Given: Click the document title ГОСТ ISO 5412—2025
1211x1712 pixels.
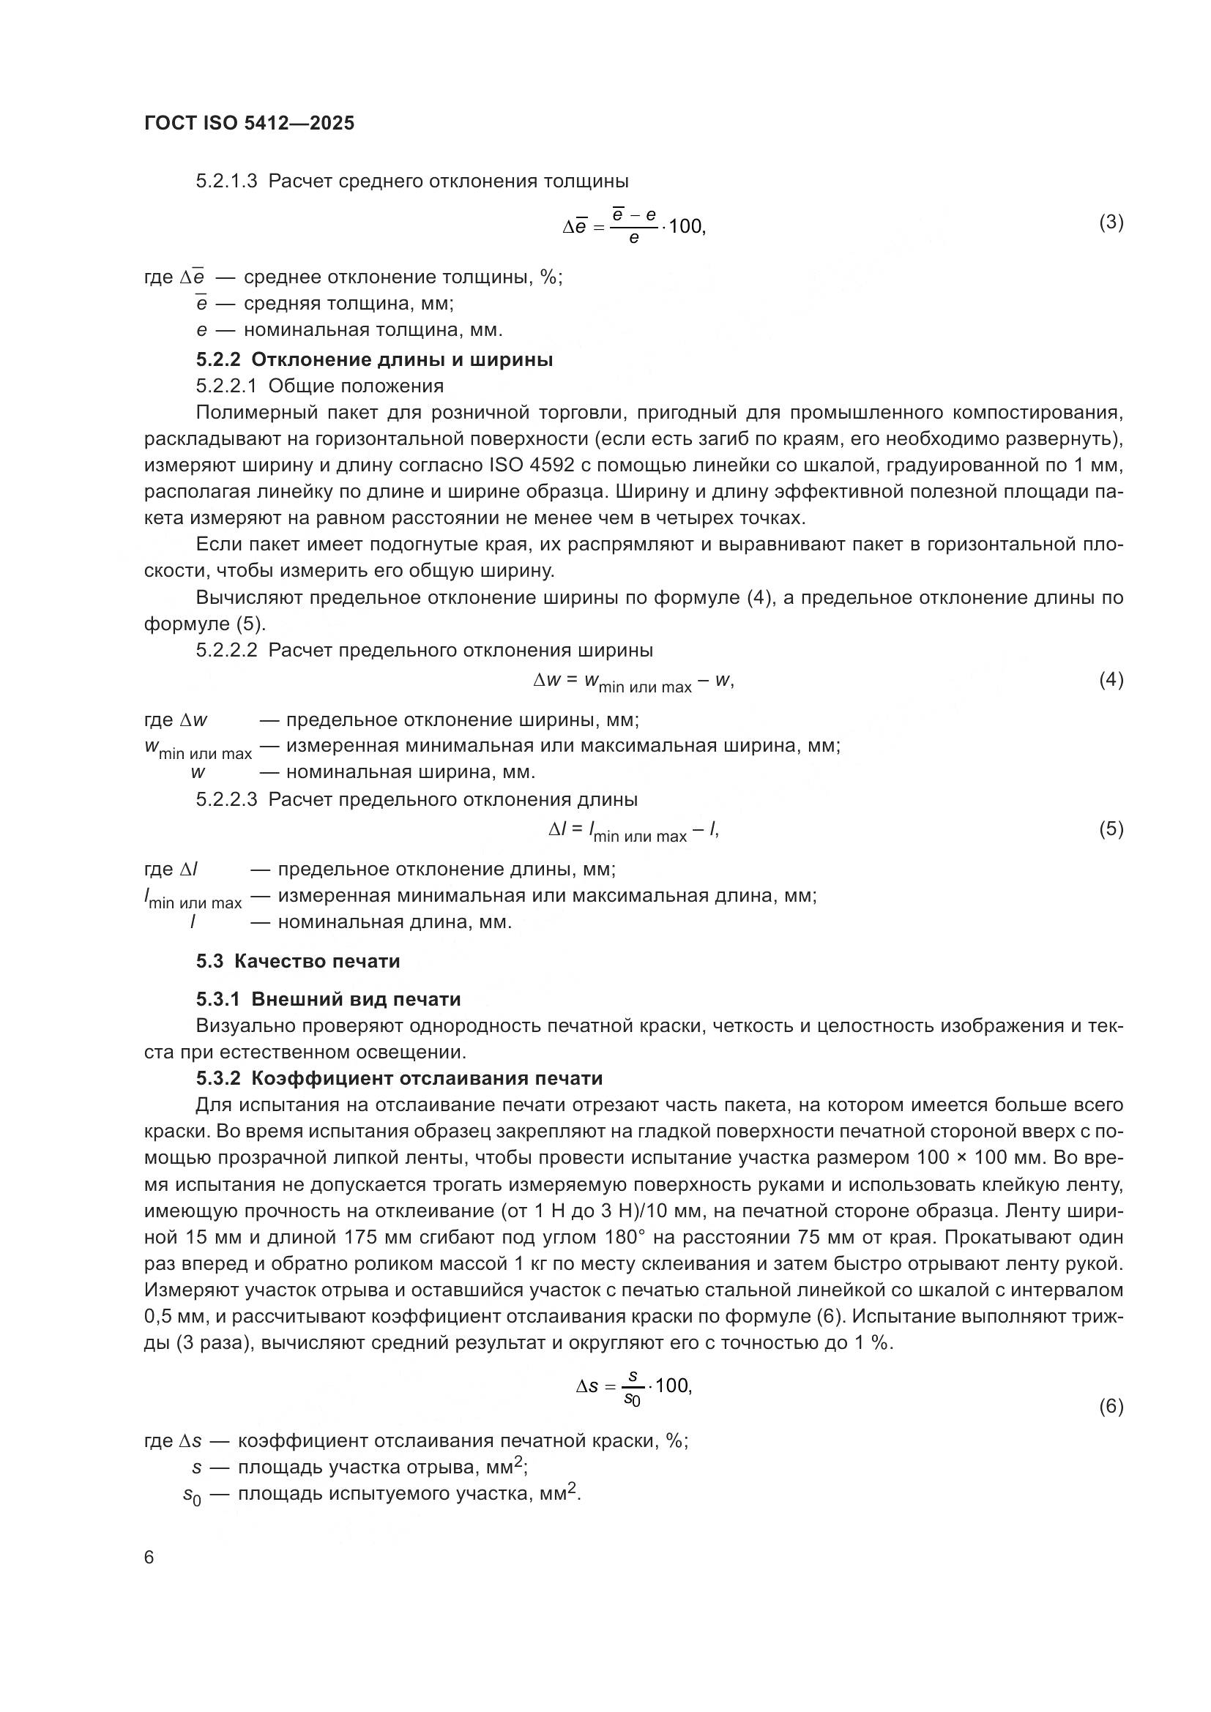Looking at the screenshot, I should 249,123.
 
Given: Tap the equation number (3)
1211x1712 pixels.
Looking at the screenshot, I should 1111,223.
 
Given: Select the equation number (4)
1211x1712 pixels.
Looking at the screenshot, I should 1111,679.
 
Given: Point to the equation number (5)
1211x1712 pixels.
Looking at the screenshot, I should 1111,829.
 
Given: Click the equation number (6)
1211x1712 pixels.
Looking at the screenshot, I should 1111,1406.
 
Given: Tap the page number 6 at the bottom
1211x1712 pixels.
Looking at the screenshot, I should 149,1558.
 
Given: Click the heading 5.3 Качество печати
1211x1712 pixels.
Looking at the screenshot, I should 298,961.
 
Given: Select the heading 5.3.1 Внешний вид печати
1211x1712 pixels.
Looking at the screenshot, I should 328,999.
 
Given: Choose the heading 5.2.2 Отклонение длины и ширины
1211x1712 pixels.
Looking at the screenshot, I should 374,360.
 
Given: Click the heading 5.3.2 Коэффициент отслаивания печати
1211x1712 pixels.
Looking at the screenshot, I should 400,1079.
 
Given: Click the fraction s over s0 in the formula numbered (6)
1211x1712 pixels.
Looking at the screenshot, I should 633,1388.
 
